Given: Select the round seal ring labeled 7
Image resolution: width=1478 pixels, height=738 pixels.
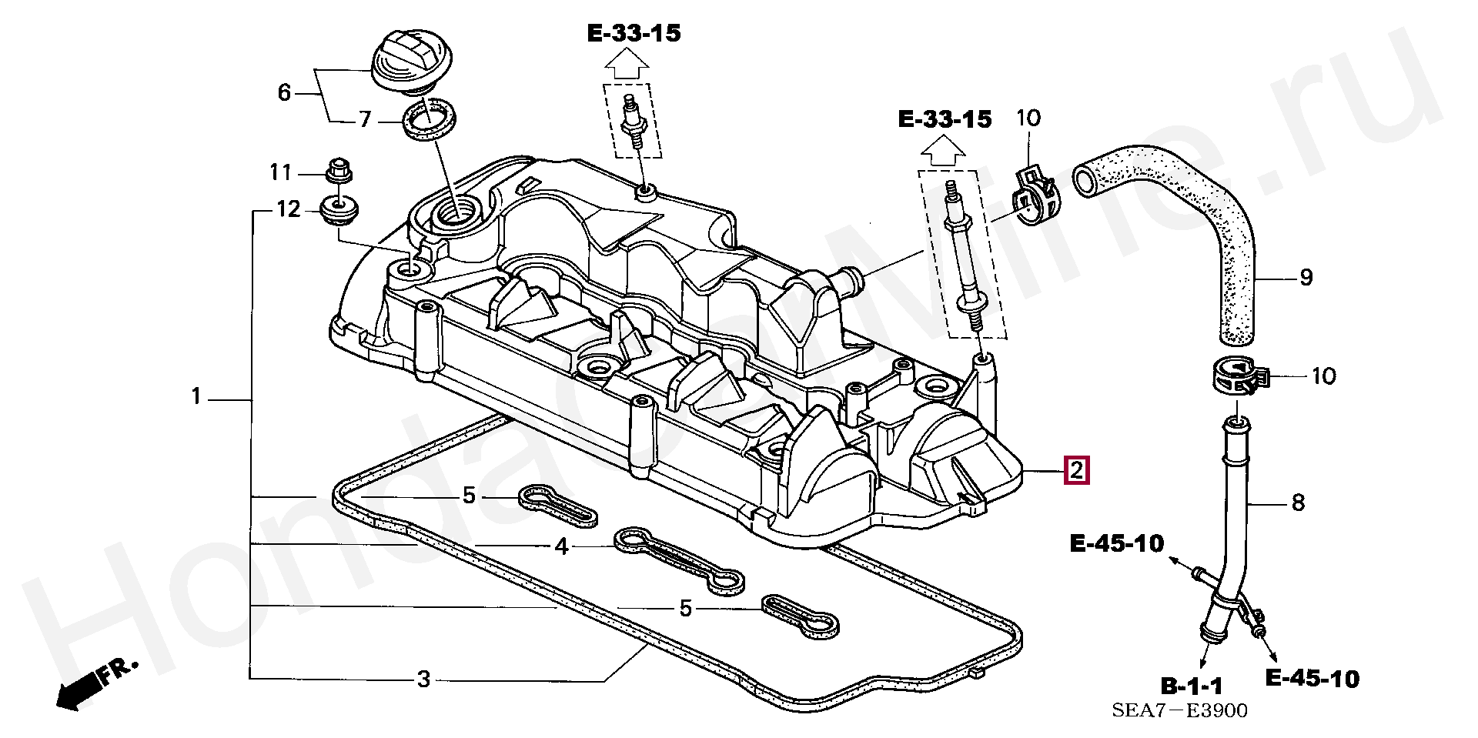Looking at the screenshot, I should [429, 119].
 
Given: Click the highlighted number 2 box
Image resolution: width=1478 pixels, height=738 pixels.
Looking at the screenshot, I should [1075, 469].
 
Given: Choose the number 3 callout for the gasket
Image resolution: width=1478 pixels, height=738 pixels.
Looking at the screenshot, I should [423, 680].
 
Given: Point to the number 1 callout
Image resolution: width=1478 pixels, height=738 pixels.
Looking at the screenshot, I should [196, 398].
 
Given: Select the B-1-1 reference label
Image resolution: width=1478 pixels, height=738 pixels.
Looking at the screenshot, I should [1191, 686].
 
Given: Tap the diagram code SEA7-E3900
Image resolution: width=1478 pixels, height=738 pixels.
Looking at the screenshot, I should [1179, 710].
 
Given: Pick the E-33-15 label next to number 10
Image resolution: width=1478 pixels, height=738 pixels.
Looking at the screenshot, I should [945, 119].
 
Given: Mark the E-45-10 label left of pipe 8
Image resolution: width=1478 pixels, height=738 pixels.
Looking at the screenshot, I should [1116, 544].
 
